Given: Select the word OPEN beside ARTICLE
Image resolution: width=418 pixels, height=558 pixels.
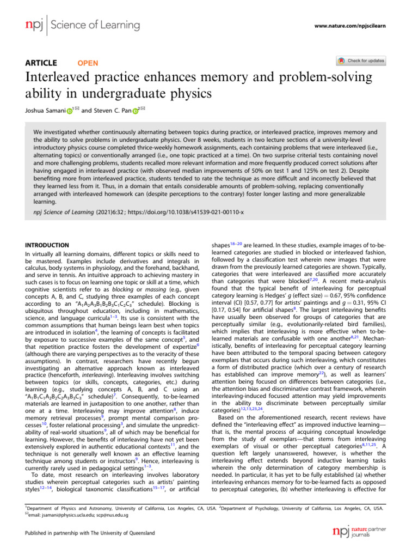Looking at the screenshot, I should click(x=89, y=63).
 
